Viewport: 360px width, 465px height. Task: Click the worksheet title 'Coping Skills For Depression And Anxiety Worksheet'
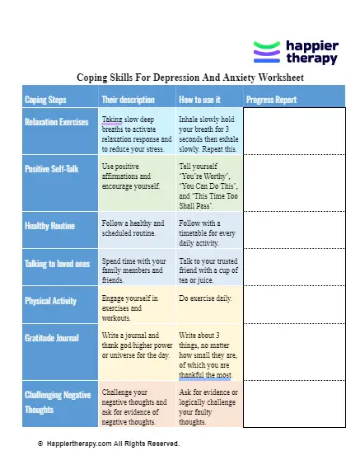(x=190, y=77)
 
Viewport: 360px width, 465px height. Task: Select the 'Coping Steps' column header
(x=47, y=100)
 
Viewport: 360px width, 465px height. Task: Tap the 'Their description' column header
(x=128, y=100)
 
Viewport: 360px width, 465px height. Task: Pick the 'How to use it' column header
(x=203, y=100)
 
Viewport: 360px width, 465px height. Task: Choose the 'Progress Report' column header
(x=272, y=100)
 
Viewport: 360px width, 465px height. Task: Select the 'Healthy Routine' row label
(x=50, y=225)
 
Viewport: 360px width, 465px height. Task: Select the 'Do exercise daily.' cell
(x=206, y=298)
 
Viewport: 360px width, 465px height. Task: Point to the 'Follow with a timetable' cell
(x=208, y=233)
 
